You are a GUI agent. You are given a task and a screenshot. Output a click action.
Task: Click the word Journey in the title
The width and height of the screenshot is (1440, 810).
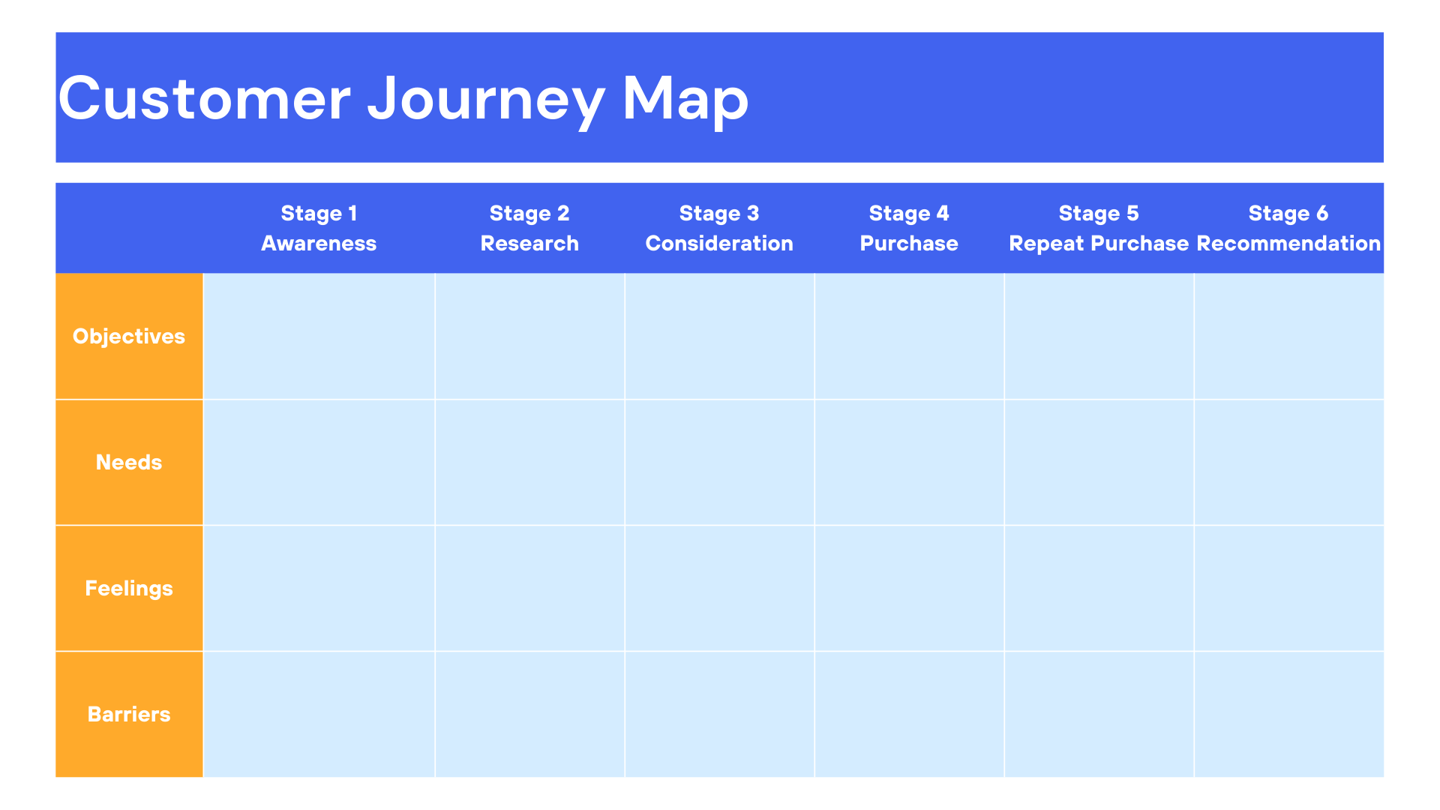pos(486,99)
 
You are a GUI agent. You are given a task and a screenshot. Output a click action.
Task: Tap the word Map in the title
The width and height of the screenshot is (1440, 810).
pos(685,99)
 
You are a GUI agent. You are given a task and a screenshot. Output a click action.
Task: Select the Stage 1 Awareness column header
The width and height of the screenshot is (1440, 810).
pos(319,228)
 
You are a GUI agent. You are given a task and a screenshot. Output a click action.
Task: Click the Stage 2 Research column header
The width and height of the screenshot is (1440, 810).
pos(529,228)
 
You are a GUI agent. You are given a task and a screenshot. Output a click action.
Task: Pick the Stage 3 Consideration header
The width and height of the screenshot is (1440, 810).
pos(719,228)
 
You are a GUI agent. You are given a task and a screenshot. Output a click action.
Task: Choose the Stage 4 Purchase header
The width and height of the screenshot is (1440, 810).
pos(909,228)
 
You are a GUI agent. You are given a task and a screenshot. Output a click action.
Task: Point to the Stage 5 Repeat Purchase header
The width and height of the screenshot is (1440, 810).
pos(1099,228)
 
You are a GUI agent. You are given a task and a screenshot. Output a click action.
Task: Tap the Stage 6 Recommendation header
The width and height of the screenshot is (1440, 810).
pos(1288,228)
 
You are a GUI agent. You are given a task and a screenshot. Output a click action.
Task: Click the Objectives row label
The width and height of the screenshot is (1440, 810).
pos(129,336)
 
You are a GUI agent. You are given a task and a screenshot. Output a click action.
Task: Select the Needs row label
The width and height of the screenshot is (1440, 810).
pos(129,462)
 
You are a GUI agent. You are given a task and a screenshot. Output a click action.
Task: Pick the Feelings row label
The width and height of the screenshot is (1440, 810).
pos(129,588)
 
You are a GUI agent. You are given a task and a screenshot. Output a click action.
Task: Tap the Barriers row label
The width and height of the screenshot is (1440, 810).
pos(129,714)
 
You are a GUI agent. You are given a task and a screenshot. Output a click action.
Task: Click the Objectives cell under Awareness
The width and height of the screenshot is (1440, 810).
pos(319,336)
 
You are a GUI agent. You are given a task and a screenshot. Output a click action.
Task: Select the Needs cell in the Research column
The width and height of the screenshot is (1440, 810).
pos(529,462)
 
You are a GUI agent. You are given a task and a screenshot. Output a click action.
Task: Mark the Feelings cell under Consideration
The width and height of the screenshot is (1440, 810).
pos(719,588)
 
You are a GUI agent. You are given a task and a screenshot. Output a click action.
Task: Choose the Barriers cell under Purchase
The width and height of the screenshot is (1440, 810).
pos(909,714)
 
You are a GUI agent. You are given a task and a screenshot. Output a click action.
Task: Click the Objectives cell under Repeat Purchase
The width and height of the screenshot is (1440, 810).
pos(1099,336)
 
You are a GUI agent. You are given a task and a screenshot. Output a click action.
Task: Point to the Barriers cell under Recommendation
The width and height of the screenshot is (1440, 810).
pos(1288,714)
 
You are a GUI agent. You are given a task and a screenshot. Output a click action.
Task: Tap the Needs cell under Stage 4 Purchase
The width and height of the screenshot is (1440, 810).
pos(909,462)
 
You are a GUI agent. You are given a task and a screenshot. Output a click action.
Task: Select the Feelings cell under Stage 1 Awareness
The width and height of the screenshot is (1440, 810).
pos(319,588)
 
